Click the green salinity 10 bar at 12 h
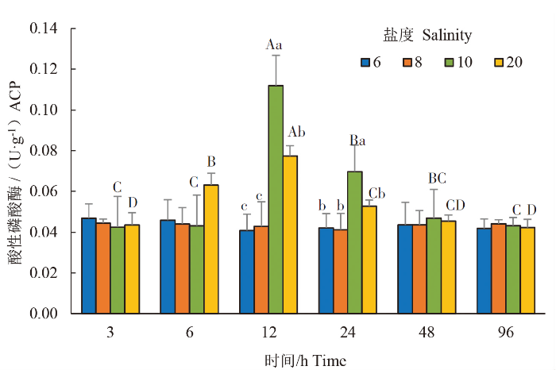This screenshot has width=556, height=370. [276, 199]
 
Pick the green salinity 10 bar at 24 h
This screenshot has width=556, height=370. [355, 242]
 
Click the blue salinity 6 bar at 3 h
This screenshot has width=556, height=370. [88, 265]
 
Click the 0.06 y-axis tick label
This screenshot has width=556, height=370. [46, 191]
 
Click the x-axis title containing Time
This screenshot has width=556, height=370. [306, 360]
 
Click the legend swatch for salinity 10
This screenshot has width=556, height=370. [446, 63]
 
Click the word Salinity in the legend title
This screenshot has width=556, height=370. [447, 36]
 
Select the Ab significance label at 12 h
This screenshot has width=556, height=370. [297, 132]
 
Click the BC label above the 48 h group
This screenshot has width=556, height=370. [438, 177]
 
